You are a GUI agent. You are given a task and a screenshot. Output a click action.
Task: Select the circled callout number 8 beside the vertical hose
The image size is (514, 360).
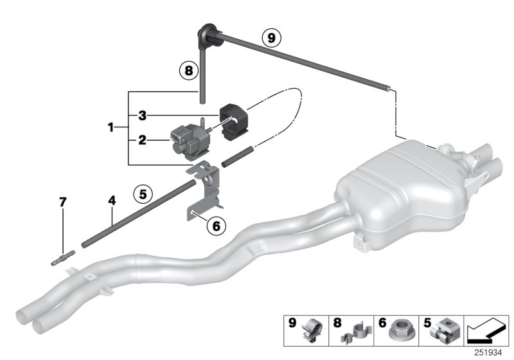point(188,71)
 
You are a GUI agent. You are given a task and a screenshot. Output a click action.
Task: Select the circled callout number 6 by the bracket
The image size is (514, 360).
point(216,226)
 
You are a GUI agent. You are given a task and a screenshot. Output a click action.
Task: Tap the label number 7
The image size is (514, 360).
point(62,203)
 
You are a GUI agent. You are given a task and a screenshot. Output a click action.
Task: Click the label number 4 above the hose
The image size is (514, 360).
point(112,201)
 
